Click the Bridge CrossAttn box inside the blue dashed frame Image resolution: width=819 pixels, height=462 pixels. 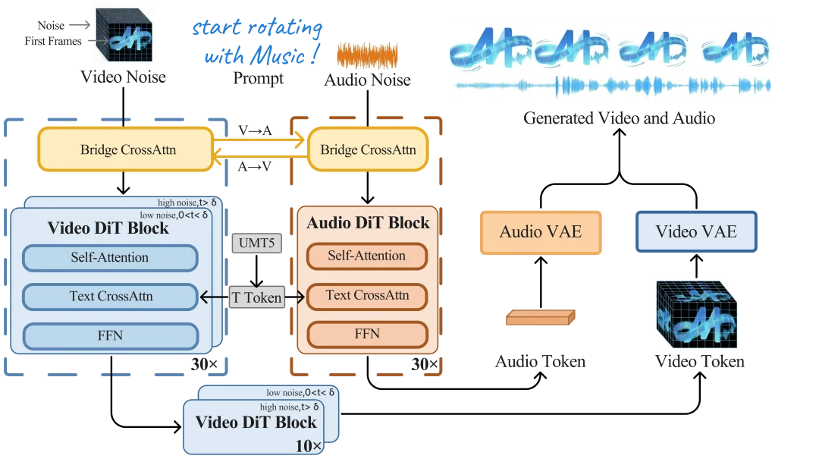(127, 149)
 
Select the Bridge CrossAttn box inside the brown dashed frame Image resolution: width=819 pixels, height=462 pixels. (368, 149)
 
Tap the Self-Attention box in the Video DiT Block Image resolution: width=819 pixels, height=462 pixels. (110, 258)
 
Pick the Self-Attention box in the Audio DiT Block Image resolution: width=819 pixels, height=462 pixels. (366, 256)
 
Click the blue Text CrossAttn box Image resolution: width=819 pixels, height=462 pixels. (110, 297)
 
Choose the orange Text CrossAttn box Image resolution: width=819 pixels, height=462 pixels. (366, 295)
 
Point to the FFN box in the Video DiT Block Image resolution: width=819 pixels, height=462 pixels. (110, 335)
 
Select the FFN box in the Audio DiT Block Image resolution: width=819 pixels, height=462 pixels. (366, 334)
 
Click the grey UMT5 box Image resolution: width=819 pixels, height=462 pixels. (257, 244)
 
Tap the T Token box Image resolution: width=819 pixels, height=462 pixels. (256, 298)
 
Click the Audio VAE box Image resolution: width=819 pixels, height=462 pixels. (541, 231)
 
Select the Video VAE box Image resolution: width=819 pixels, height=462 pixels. (696, 231)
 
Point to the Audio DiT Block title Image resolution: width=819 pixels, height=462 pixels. (368, 223)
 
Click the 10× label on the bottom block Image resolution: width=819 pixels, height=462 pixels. (309, 445)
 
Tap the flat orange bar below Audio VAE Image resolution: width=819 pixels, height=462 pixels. (539, 318)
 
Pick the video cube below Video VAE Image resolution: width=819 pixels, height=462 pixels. (695, 315)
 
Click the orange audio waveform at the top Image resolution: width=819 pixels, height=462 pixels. (367, 54)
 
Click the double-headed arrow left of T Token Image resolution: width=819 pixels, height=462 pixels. (215, 298)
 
